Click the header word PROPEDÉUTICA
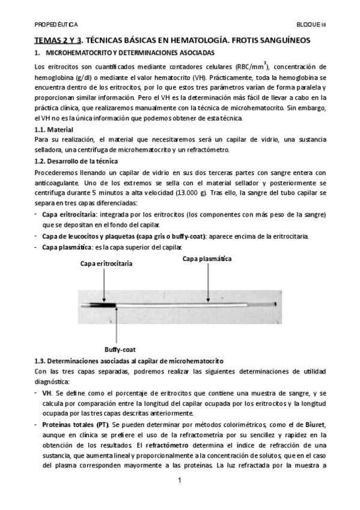pos(55,26)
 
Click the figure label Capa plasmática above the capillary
pos(207,259)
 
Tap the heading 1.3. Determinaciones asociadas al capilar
pos(129,360)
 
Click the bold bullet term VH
pos(46,392)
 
